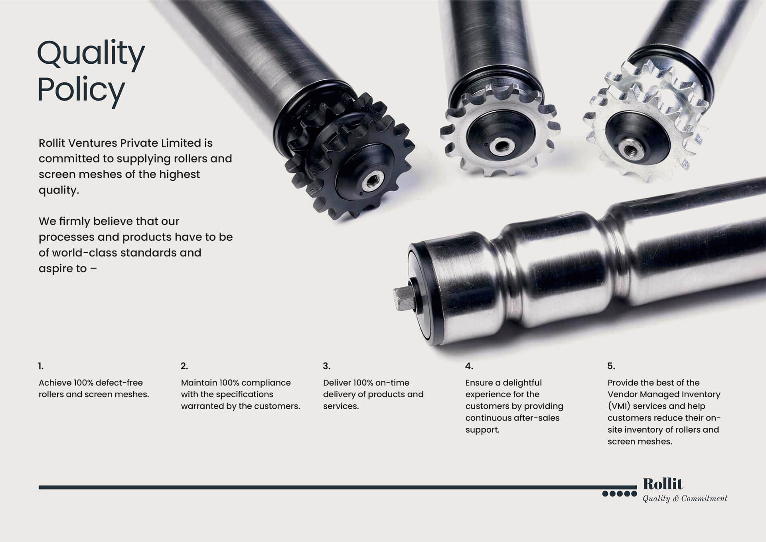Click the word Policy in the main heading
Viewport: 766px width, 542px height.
(81, 90)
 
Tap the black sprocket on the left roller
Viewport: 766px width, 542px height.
(349, 156)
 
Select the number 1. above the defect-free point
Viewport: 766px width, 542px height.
(41, 366)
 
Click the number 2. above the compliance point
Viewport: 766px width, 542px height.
(184, 366)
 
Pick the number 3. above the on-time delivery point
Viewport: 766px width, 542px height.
(326, 366)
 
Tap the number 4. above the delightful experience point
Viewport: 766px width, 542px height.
(469, 366)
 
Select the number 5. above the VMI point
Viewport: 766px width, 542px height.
(611, 366)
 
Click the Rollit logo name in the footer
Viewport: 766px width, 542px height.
(663, 484)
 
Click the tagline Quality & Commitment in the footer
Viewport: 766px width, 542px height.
(685, 498)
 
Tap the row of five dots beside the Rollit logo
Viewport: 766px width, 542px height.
(619, 494)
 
